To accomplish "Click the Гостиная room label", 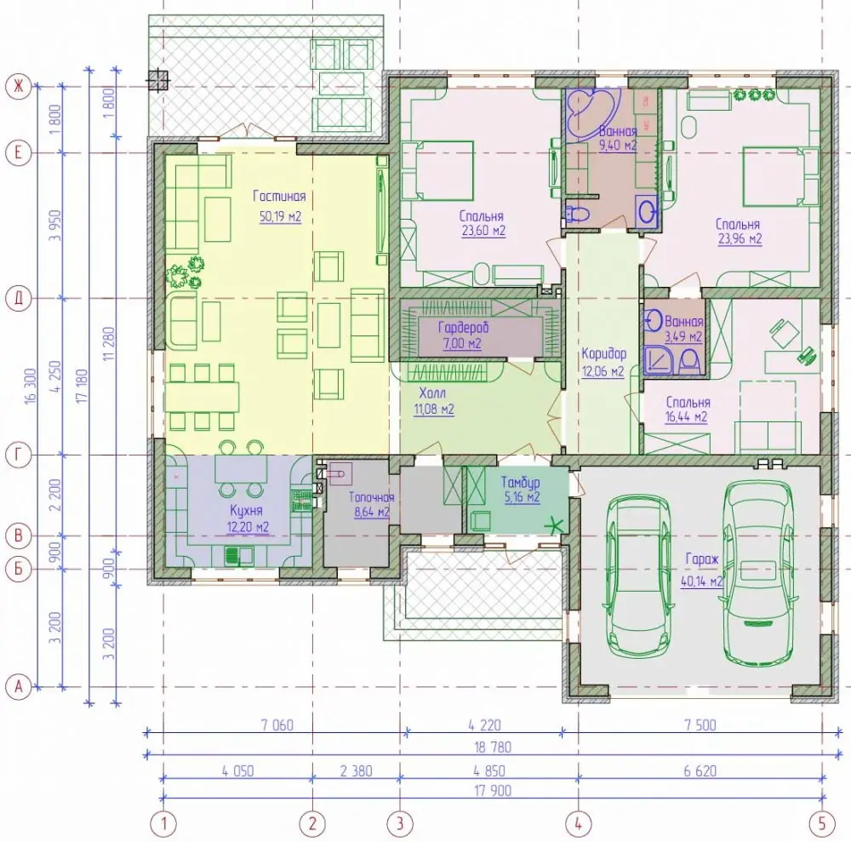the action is (279, 197).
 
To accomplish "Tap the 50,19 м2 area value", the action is (280, 216).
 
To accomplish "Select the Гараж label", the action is (702, 559).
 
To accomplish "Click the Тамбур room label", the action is (520, 482).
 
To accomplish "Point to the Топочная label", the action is (371, 497).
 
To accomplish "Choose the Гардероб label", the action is (464, 328).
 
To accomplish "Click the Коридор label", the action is (603, 354).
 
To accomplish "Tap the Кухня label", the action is (246, 510).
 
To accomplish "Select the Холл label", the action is (432, 392).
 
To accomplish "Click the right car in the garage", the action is (760, 573).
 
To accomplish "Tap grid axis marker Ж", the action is (19, 86).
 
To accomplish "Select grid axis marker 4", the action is (578, 823).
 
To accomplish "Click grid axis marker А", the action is (19, 686).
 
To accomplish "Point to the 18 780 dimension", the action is (493, 747).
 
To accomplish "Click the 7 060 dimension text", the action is (277, 725).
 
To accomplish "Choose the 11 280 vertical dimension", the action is (108, 344).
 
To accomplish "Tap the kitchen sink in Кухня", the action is (239, 555).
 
